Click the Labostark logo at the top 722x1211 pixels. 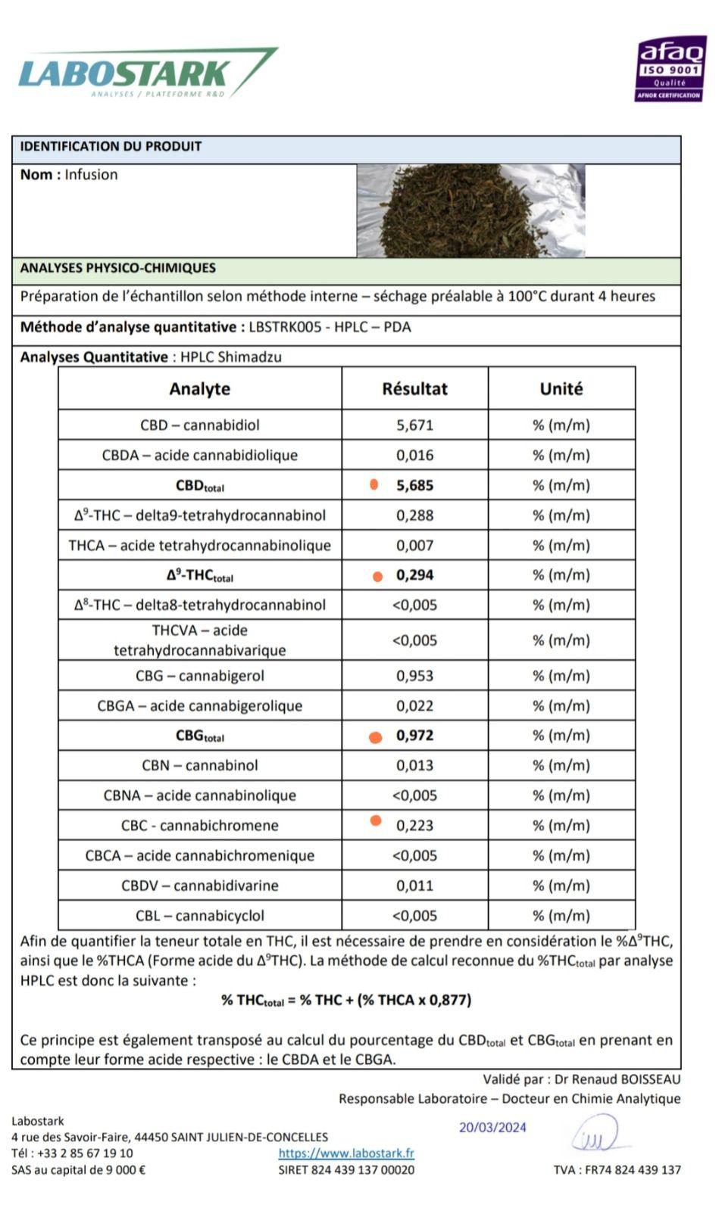(x=144, y=74)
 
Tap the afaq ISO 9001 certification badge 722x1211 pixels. (x=670, y=69)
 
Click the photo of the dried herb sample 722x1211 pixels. (x=470, y=210)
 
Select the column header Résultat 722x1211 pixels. (x=414, y=389)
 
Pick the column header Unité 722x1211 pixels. (x=561, y=389)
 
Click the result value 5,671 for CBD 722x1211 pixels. (x=414, y=425)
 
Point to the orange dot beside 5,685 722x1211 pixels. (x=374, y=485)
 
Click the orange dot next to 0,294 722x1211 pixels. (x=377, y=577)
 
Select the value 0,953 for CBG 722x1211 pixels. (x=414, y=676)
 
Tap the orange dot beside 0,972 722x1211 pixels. (x=375, y=737)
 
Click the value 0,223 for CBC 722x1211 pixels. (x=414, y=826)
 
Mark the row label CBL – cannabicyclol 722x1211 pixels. (x=200, y=916)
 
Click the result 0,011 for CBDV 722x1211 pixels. (x=414, y=886)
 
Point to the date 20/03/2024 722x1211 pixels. (x=492, y=1127)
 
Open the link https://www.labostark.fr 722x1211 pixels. (x=346, y=1153)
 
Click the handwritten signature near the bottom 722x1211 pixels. (x=595, y=1136)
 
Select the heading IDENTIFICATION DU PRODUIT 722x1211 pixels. (x=111, y=147)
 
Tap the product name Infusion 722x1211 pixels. (x=91, y=175)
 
